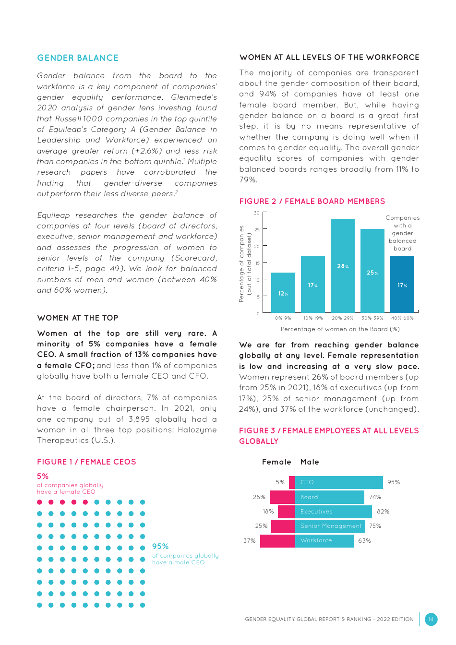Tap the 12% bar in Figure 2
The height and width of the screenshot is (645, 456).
coord(283,293)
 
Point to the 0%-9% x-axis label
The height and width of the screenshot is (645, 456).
coord(283,318)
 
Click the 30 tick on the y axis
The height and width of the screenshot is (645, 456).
coord(257,213)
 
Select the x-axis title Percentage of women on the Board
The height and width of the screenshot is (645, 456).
coord(340,329)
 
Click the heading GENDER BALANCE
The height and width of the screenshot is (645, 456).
coord(78,58)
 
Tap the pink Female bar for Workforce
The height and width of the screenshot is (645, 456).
coord(277,540)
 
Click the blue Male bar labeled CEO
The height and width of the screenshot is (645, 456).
coord(339,482)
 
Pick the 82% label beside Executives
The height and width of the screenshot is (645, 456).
coord(383,512)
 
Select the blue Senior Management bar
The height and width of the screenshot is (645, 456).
coord(330,526)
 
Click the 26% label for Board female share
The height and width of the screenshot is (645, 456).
coord(259,497)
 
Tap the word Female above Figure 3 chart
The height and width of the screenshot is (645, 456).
coord(276,462)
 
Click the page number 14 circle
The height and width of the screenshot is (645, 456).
coord(431,619)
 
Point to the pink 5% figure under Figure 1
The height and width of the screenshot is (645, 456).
coord(43,477)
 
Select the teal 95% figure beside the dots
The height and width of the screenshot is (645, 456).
coord(160,547)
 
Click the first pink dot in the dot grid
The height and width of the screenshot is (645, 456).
coord(40,502)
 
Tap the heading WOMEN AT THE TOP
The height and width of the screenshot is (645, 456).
coord(78,318)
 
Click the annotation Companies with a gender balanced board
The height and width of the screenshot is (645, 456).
coord(402,233)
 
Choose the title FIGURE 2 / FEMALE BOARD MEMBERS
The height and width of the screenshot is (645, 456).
coord(312,202)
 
